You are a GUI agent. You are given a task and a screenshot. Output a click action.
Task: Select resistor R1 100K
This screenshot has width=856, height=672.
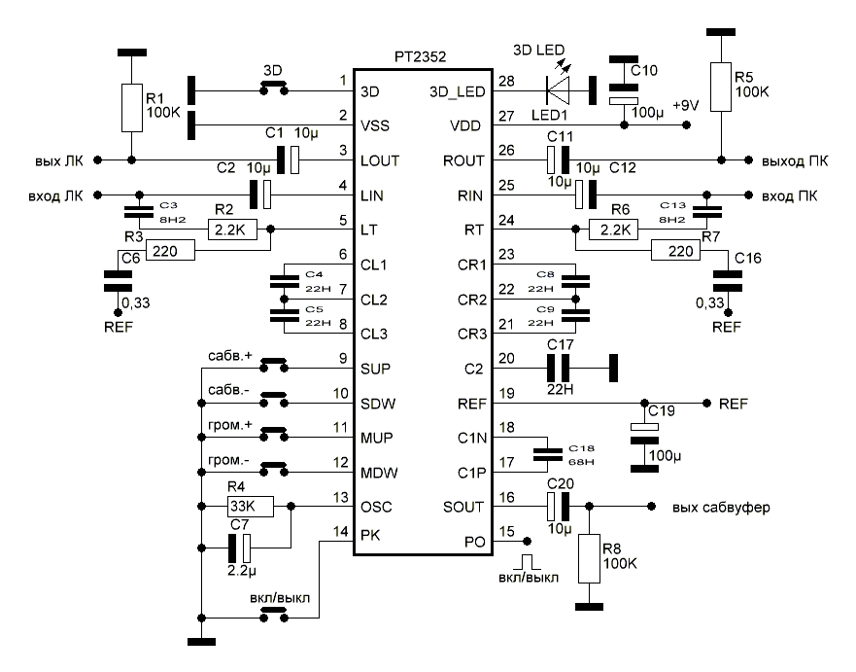pos(131,107)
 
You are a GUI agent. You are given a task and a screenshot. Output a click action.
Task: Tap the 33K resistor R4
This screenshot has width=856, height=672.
pos(249,507)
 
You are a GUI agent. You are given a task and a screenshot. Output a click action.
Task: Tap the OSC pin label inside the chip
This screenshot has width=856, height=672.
pos(378,507)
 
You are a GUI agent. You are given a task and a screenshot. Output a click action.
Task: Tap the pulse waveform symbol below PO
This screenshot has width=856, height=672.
pos(527,561)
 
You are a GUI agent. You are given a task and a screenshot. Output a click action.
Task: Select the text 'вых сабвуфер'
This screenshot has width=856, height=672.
pos(713,508)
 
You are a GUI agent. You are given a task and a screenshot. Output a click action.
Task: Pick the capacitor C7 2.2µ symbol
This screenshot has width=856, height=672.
pos(241,548)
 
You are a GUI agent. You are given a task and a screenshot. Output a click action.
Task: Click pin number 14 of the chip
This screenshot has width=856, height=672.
pos(337,532)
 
